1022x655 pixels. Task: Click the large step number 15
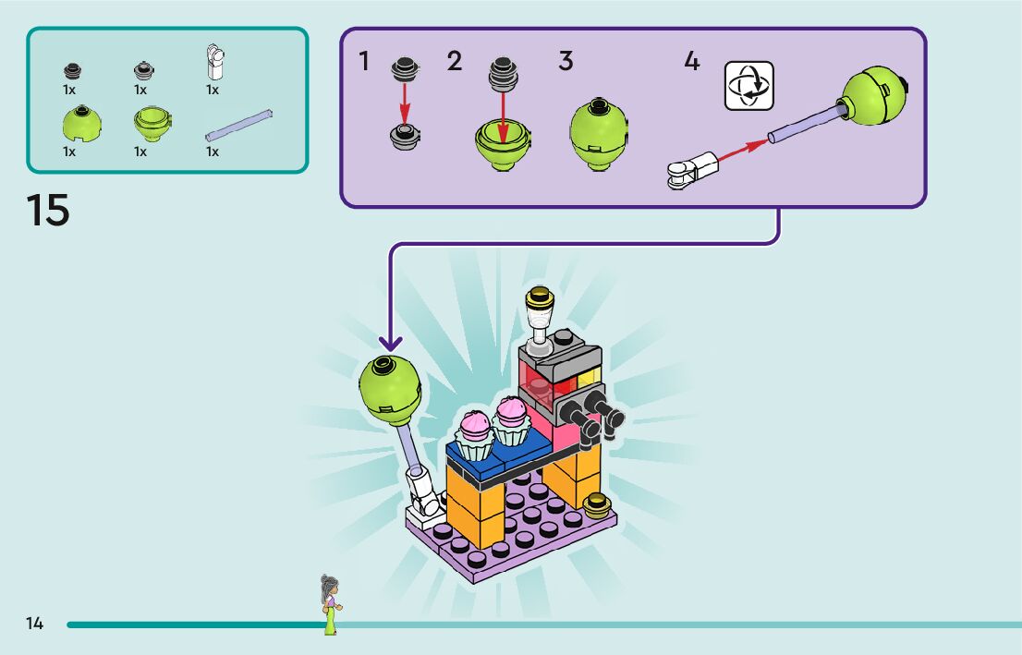(47, 210)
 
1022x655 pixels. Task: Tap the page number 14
(34, 624)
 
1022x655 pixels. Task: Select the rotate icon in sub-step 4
(748, 85)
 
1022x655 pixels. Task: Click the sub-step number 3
(566, 61)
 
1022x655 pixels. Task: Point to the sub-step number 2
(455, 61)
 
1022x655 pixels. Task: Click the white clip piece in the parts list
(215, 61)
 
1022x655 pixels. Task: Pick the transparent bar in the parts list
(238, 125)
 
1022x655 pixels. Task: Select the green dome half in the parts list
(81, 123)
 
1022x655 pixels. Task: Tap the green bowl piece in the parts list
(152, 123)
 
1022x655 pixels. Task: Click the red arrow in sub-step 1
(405, 103)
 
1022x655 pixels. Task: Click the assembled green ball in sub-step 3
(599, 134)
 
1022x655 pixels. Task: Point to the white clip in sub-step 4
(692, 170)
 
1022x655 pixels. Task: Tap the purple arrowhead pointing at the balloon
(391, 344)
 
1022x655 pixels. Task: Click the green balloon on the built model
(390, 390)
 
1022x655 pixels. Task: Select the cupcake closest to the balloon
(475, 435)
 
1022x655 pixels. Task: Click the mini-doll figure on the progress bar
(331, 604)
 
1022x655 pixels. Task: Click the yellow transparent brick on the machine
(589, 376)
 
